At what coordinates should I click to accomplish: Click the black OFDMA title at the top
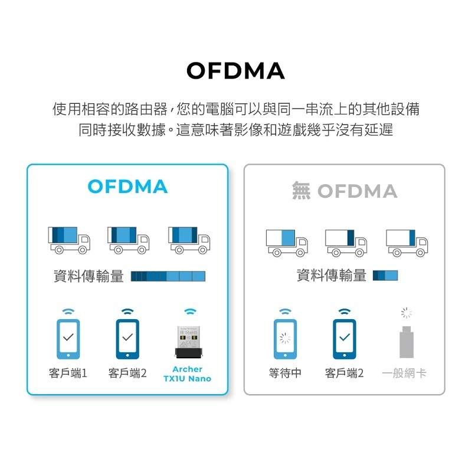coord(235,71)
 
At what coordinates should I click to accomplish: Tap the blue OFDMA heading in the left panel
coord(127,187)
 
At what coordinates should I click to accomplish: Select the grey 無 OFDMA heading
coord(345,191)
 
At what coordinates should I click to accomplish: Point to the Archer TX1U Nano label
coord(188,373)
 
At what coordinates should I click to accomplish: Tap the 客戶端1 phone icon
coord(68,339)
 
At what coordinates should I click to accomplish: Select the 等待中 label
coord(285,373)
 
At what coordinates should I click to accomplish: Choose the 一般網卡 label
coord(404,373)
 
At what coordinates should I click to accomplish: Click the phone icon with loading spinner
coord(285,339)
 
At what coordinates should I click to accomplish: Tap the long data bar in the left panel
coord(168,276)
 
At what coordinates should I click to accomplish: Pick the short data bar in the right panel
coord(385,276)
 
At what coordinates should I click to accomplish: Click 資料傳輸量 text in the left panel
coord(88,276)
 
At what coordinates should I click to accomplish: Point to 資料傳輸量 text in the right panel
coord(332,276)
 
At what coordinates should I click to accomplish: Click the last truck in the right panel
coord(407,242)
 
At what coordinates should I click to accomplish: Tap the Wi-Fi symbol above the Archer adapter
coord(189,312)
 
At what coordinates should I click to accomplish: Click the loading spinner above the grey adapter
coord(406,312)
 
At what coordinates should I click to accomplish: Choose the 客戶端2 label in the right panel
coord(345,373)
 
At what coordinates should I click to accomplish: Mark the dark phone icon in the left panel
coord(127,339)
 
